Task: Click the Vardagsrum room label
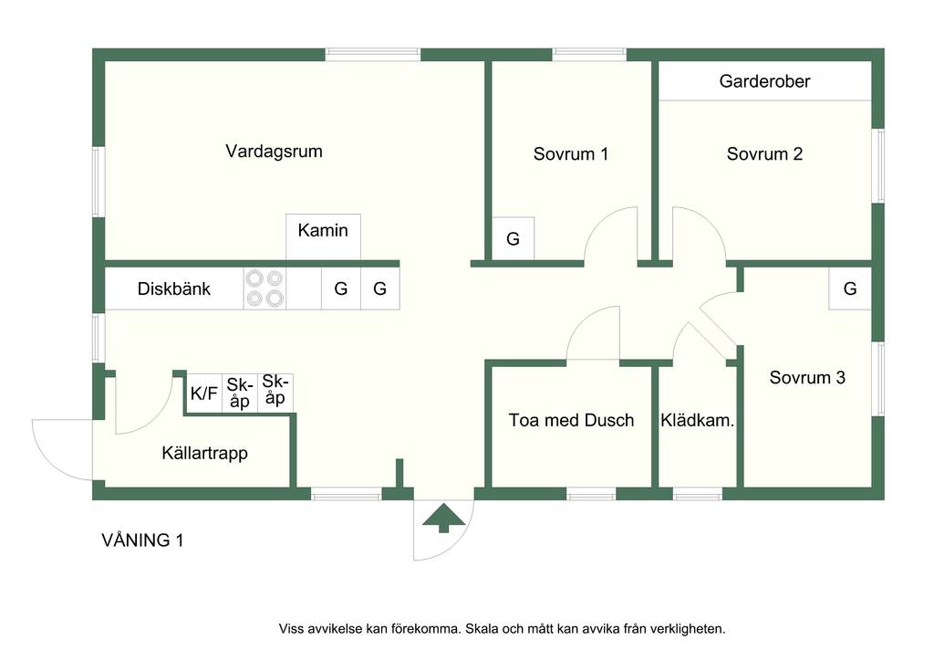(x=274, y=152)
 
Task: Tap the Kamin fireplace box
(x=323, y=236)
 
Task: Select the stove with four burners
(x=265, y=288)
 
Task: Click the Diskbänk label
(x=174, y=289)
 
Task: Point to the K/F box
(x=203, y=393)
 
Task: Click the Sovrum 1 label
(x=571, y=154)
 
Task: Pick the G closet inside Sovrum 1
(x=513, y=239)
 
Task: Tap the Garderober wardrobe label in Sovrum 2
(x=764, y=81)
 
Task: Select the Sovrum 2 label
(x=764, y=154)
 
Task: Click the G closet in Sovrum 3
(x=850, y=289)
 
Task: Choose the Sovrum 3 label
(x=807, y=377)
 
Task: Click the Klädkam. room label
(x=698, y=421)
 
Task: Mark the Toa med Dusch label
(x=571, y=421)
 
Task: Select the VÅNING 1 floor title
(x=142, y=540)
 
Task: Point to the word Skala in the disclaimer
(x=484, y=628)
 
